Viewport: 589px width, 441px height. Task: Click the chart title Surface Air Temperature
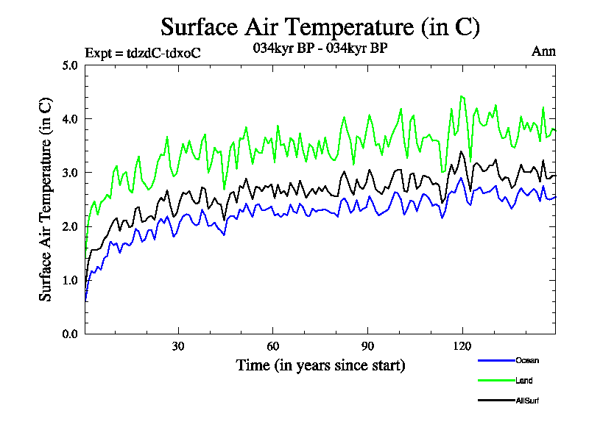coord(320,27)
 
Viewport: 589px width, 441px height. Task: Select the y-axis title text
coord(46,199)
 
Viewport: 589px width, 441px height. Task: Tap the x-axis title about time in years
coord(320,365)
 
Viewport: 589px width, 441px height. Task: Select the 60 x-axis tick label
coord(273,347)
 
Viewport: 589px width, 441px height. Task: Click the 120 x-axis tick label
coord(462,347)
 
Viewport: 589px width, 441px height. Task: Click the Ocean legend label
coord(527,360)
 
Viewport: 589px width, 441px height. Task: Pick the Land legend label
coord(524,381)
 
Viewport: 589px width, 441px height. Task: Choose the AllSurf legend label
coord(529,401)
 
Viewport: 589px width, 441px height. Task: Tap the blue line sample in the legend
coord(495,360)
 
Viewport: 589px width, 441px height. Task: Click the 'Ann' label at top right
coord(543,51)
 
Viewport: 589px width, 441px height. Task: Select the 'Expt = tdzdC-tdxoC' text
coord(143,52)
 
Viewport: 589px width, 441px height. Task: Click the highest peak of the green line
coord(462,96)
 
